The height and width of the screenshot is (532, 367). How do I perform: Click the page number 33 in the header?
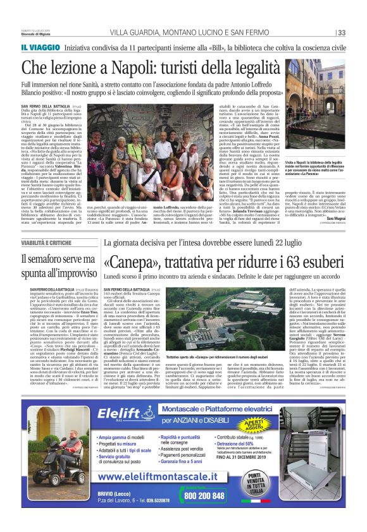tap(341, 33)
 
